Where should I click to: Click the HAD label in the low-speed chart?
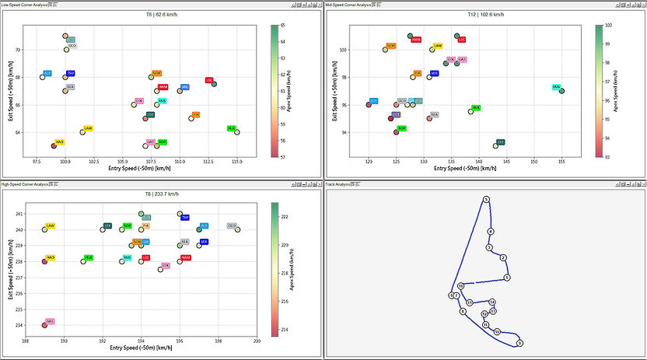[x=60, y=142]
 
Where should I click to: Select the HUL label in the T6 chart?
[x=231, y=128]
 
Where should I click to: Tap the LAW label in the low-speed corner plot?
[x=88, y=128]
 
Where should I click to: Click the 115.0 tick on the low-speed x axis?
[x=236, y=162]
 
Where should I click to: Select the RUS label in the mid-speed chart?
[x=556, y=86]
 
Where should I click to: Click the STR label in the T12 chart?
[x=501, y=142]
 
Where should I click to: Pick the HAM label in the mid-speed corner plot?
[x=416, y=39]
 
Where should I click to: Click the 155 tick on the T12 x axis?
[x=561, y=162]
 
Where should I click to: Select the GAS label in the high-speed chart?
[x=50, y=321]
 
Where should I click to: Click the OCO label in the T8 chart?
[x=232, y=225]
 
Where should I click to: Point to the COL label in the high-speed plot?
[x=166, y=264]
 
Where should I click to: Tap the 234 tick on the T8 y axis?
[x=19, y=325]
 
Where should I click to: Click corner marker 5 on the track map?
[x=486, y=200]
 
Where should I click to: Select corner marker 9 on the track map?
[x=506, y=278]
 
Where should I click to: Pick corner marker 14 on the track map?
[x=492, y=302]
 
